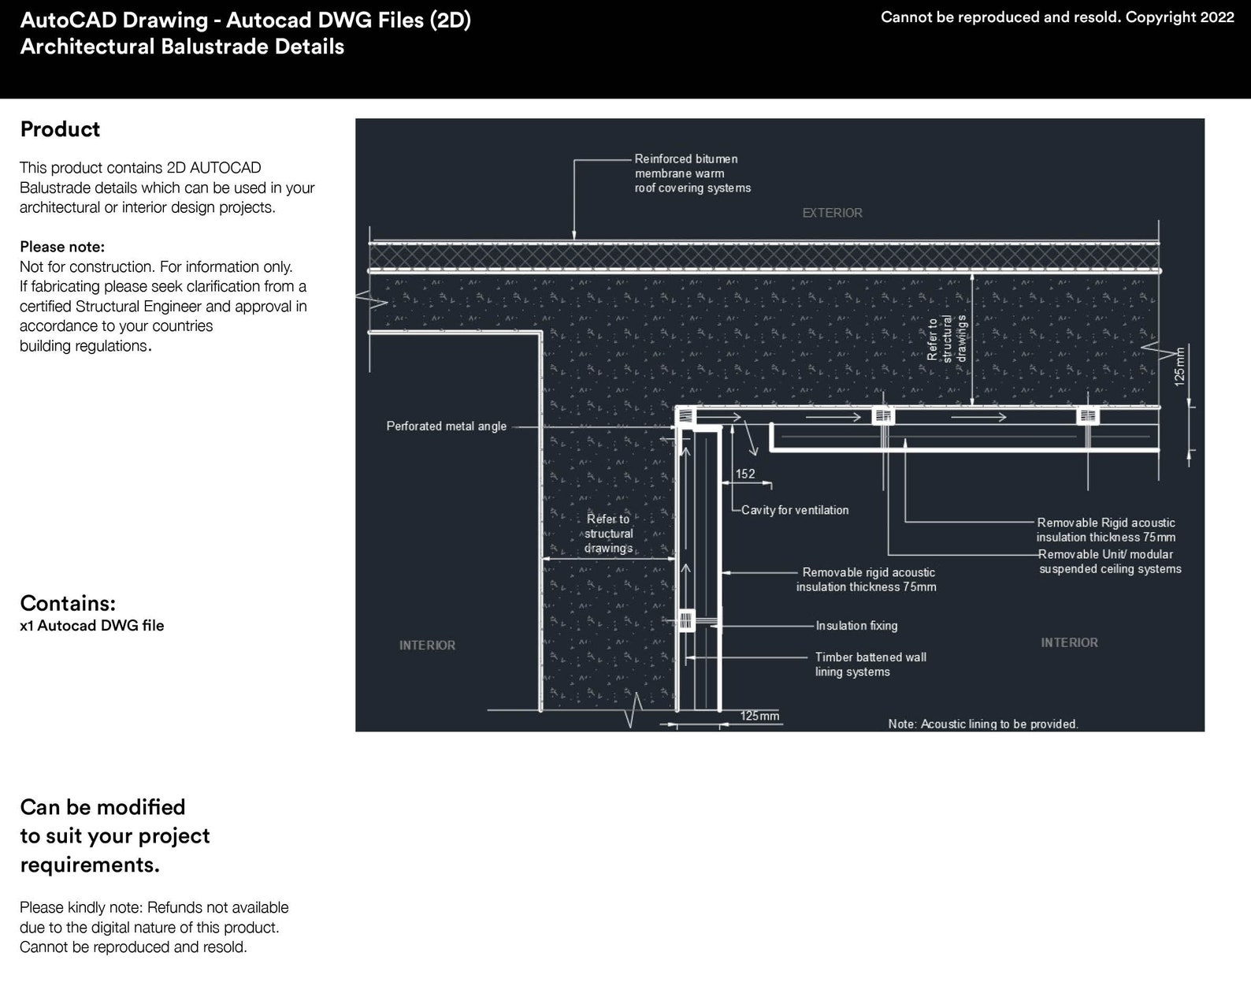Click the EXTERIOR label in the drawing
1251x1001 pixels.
pos(832,213)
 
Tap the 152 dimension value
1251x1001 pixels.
pos(744,474)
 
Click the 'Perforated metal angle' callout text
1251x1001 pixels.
pos(446,426)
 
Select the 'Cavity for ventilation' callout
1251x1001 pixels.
pos(795,510)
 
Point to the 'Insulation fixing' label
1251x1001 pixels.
pos(856,626)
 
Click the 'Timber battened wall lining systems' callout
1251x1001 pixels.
pos(870,664)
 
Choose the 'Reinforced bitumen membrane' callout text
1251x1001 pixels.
pos(692,173)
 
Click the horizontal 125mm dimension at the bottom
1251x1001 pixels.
pos(759,716)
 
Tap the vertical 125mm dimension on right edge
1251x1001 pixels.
pos(1179,366)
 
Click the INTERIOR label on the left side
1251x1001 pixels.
pos(427,646)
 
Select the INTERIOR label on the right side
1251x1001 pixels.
pos(1069,643)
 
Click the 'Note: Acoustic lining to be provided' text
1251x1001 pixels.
pos(982,724)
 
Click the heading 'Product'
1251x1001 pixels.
pos(60,129)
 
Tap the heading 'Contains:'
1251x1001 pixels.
pos(68,603)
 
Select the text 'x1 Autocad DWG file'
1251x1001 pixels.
pos(92,626)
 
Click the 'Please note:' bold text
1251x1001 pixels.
pos(62,247)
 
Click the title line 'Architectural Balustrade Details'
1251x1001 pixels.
pos(182,47)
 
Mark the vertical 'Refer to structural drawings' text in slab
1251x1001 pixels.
pos(945,338)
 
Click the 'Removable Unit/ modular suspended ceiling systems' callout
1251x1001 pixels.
pos(1109,561)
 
